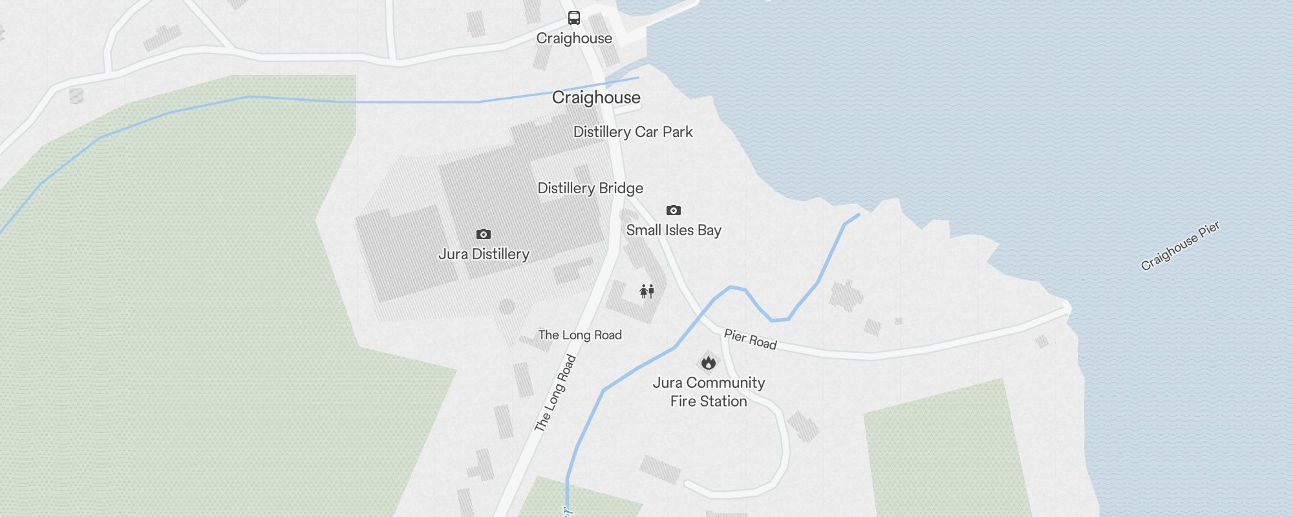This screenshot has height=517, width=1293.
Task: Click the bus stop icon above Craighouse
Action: pyautogui.click(x=574, y=18)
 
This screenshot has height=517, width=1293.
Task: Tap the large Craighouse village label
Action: pyautogui.click(x=596, y=98)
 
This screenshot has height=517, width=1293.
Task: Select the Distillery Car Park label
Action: pyautogui.click(x=633, y=132)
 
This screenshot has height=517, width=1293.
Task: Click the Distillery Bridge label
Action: pyautogui.click(x=590, y=188)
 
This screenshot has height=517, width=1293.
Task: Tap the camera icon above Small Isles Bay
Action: pyautogui.click(x=674, y=210)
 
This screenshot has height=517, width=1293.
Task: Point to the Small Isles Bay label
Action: pyautogui.click(x=674, y=230)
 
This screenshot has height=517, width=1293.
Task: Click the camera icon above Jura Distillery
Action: pyautogui.click(x=484, y=234)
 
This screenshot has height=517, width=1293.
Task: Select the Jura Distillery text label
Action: pyautogui.click(x=484, y=254)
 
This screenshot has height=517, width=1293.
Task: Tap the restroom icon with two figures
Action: pyautogui.click(x=647, y=291)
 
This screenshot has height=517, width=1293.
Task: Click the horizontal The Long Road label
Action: pyautogui.click(x=580, y=335)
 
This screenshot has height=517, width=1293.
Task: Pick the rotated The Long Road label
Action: pyautogui.click(x=555, y=393)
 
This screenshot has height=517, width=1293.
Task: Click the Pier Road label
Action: pyautogui.click(x=750, y=339)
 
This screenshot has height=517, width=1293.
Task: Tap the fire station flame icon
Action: pyautogui.click(x=709, y=363)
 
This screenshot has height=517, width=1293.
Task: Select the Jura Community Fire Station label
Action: pyautogui.click(x=709, y=392)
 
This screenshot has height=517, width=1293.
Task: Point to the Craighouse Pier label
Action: pyautogui.click(x=1180, y=246)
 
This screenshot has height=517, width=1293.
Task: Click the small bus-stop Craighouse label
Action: pyautogui.click(x=574, y=38)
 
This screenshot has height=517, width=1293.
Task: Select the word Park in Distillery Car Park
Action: pyautogui.click(x=678, y=132)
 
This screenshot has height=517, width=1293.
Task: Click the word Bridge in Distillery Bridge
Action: pyautogui.click(x=621, y=188)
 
